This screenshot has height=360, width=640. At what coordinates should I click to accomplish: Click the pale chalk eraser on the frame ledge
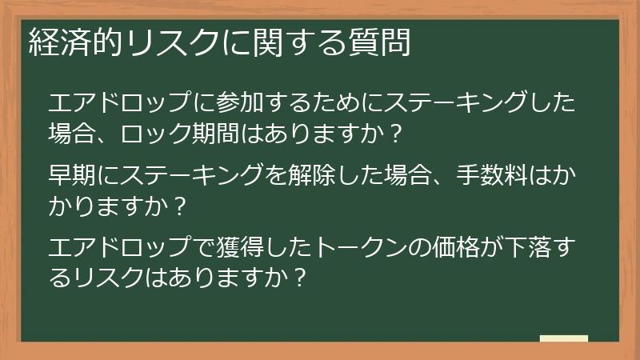(564, 339)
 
